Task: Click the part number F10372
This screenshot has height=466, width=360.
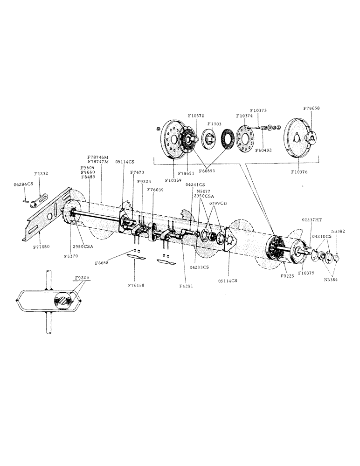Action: [x=196, y=115]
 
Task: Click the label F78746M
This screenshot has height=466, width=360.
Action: [x=98, y=157]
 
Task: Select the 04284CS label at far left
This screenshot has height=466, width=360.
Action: [x=23, y=185]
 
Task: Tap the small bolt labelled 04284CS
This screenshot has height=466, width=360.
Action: [x=24, y=201]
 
